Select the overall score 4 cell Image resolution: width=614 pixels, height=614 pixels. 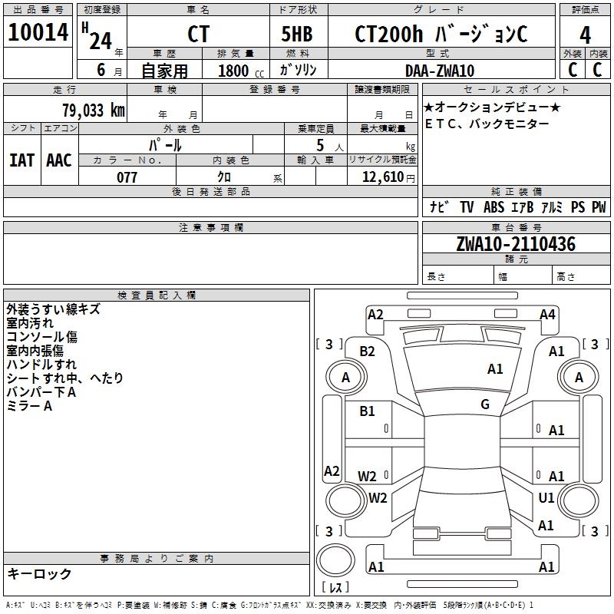coord(585,34)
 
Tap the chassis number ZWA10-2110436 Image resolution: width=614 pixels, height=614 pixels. coord(515,244)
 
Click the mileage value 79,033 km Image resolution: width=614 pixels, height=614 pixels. coord(93,111)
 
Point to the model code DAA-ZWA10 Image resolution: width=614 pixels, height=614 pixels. coord(439,71)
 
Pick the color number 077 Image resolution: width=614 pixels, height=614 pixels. coord(127,177)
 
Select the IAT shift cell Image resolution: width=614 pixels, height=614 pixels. coord(21,160)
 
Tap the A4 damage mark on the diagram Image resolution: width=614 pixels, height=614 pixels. coord(547,314)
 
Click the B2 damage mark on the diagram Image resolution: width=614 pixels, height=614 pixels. coord(368,351)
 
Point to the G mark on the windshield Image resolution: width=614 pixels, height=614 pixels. coord(485,404)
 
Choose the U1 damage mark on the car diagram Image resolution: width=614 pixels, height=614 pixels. coord(546,497)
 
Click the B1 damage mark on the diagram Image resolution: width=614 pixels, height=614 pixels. coord(368,411)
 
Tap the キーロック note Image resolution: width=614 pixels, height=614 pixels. coord(39,573)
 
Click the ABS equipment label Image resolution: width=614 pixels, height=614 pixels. coord(495,207)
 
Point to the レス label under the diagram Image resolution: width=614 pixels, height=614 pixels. coord(335,587)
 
